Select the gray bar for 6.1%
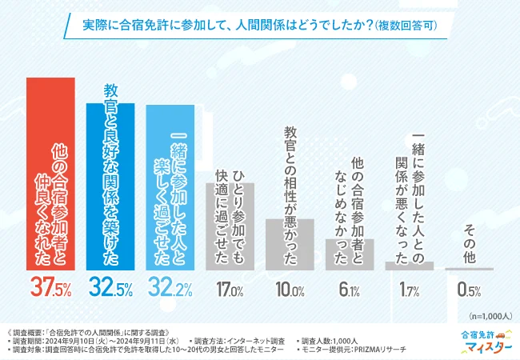(350, 254)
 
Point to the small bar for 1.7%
(410, 266)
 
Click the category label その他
(470, 240)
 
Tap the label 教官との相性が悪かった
(290, 168)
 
